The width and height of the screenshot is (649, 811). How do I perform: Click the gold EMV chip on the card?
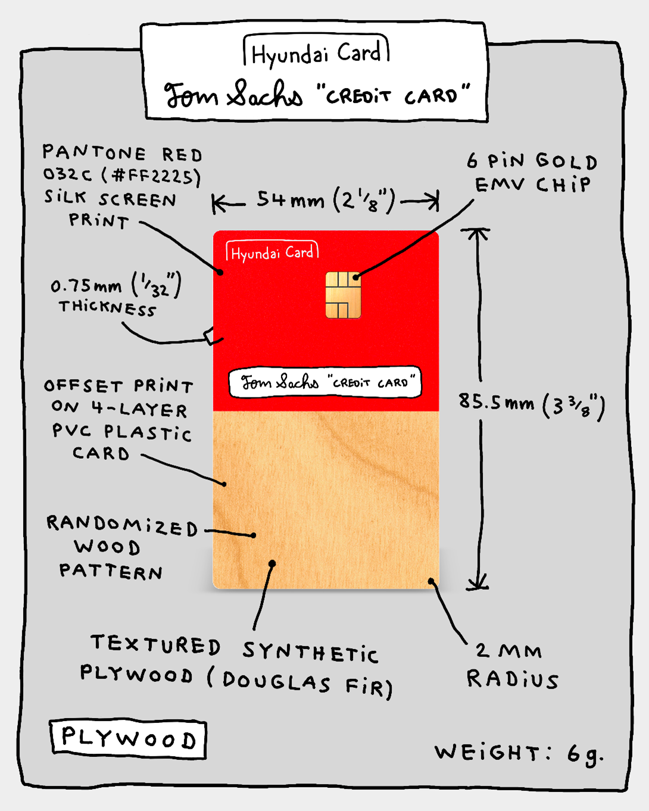point(344,295)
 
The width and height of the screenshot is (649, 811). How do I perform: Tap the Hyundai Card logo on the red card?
point(272,252)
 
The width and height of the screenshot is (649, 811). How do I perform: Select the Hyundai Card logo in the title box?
point(316,52)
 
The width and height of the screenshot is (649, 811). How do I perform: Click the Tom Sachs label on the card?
point(325,382)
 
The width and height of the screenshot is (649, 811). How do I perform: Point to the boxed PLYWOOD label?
point(129,740)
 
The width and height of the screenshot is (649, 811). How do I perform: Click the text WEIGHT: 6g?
point(519,753)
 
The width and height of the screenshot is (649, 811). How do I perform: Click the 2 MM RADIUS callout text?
point(513,666)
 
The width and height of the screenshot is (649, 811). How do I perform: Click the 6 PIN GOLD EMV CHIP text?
point(532,173)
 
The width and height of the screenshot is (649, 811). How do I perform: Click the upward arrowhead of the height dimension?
point(476,233)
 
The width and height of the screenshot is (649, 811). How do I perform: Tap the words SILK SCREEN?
point(110,199)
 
